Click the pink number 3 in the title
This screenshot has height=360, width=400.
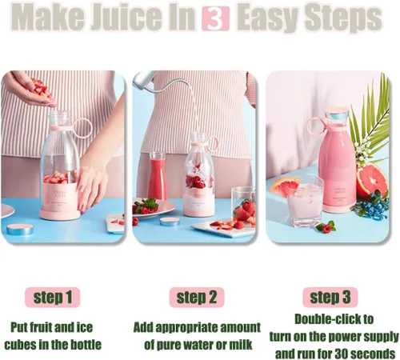click(215, 18)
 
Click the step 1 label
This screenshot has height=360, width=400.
click(53, 298)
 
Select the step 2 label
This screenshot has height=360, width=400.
click(197, 298)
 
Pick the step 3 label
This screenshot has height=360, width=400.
click(330, 298)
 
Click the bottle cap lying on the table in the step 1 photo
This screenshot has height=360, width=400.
click(20, 229)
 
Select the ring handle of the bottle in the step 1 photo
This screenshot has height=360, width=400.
click(82, 128)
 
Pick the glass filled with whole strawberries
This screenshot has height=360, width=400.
click(243, 206)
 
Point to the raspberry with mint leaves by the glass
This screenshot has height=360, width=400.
click(326, 227)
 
